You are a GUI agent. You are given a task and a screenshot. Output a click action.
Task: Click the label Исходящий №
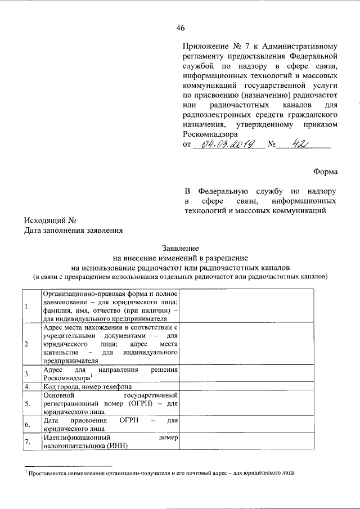pos(49,219)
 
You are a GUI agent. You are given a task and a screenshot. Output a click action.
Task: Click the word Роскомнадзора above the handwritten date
pos(210,134)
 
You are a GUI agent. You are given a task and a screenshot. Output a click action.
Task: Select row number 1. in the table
pos(28,307)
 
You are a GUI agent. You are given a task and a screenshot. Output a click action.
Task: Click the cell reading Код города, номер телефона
pos(87,387)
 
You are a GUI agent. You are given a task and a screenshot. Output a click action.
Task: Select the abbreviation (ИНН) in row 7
pos(115,447)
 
